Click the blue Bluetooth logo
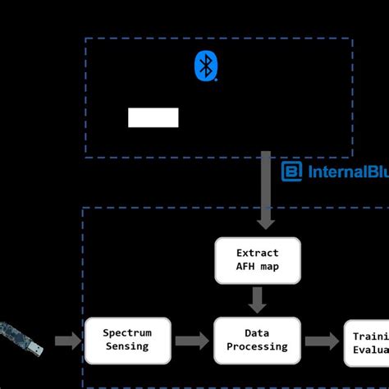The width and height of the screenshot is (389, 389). pyautogui.click(x=205, y=66)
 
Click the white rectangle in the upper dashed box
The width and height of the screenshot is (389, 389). pyautogui.click(x=153, y=117)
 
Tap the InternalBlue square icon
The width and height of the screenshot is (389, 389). pyautogui.click(x=291, y=172)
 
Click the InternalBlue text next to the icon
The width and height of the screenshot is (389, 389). pyautogui.click(x=346, y=172)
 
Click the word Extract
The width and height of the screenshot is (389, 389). pyautogui.click(x=258, y=253)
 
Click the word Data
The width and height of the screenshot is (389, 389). pyautogui.click(x=258, y=333)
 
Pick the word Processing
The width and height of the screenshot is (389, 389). pyautogui.click(x=258, y=346)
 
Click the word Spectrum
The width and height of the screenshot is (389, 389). pyautogui.click(x=126, y=333)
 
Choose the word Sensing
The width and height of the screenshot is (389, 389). pyautogui.click(x=126, y=346)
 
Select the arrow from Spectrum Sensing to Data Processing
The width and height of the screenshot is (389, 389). pyautogui.click(x=191, y=341)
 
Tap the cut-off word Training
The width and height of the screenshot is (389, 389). pyautogui.click(x=370, y=336)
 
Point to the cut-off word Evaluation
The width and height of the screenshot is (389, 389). pyautogui.click(x=370, y=350)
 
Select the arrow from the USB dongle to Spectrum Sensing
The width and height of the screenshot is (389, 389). pyautogui.click(x=67, y=341)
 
